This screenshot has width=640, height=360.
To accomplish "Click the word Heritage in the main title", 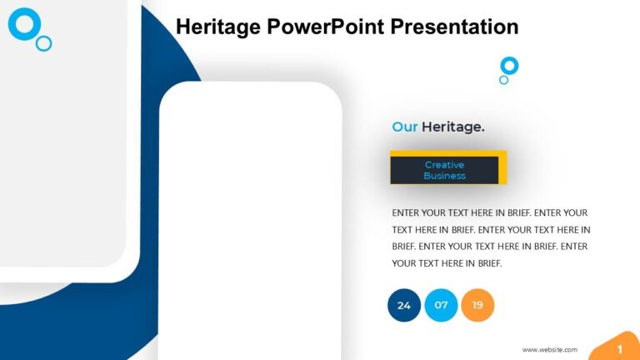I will tap(218, 27).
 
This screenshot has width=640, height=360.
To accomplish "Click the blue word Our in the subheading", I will tap(404, 127).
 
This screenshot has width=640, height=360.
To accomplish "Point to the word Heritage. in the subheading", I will tap(453, 127).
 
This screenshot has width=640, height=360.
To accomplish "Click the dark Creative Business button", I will tap(444, 170).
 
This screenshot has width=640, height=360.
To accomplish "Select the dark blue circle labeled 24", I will tap(404, 305).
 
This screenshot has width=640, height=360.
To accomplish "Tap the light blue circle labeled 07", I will tap(441, 305).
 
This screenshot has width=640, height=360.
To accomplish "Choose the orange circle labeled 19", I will tap(477, 305).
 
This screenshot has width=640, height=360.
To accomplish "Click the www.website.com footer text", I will tap(549, 350).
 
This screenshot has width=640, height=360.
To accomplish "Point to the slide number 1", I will tap(619, 349).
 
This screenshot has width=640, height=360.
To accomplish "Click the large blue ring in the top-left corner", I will tap(24, 23).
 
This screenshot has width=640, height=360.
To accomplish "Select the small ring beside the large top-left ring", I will tap(44, 43).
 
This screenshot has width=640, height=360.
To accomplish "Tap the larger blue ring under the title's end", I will tap(509, 65).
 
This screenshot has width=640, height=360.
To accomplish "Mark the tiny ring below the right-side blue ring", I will tap(503, 80).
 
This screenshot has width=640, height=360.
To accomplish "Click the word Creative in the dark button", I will tap(444, 165).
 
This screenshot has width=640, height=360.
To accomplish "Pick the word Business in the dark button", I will tap(444, 176).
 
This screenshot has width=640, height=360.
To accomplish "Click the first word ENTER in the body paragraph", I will tap(407, 212).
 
